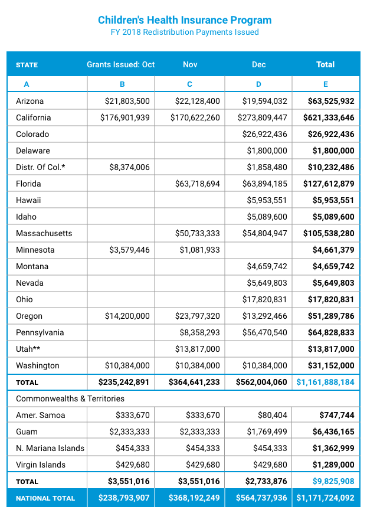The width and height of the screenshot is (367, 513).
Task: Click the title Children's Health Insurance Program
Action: pyautogui.click(x=185, y=20)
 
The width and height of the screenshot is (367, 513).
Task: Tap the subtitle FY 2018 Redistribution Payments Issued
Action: pyautogui.click(x=185, y=32)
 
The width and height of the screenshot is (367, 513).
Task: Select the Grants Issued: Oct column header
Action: pyautogui.click(x=120, y=64)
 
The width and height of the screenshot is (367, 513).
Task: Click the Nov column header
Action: pyautogui.click(x=190, y=64)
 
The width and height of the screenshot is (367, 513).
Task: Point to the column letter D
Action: pyautogui.click(x=258, y=84)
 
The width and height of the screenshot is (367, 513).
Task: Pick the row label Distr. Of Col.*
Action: pyautogui.click(x=40, y=167)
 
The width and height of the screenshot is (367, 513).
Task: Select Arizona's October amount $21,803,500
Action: pyautogui.click(x=127, y=101)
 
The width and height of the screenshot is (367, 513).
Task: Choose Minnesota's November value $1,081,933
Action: pyautogui.click(x=199, y=250)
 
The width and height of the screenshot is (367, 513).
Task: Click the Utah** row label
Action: pyautogui.click(x=28, y=349)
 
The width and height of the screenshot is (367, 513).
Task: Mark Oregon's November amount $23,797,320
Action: pyautogui.click(x=197, y=316)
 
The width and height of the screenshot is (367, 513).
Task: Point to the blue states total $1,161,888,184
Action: pyautogui.click(x=325, y=382)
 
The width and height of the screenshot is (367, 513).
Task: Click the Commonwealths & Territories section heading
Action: pyautogui.click(x=66, y=398)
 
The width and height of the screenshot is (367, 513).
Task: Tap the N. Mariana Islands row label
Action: pyautogui.click(x=50, y=448)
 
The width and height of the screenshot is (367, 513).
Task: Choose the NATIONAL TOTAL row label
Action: pyautogui.click(x=45, y=498)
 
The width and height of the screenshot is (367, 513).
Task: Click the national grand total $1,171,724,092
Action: pyautogui.click(x=325, y=498)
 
